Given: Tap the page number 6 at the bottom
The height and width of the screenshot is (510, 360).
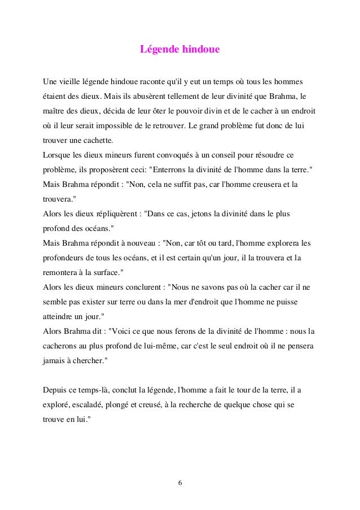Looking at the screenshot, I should pyautogui.click(x=179, y=483).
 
